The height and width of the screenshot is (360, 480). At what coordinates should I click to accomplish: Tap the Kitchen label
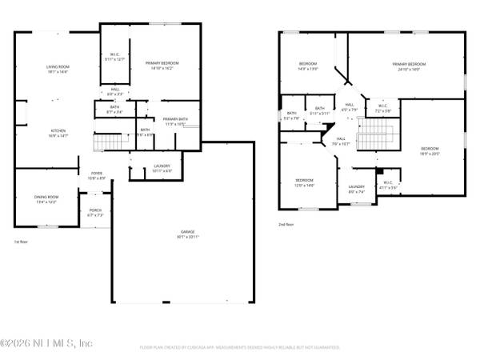coord(58,130)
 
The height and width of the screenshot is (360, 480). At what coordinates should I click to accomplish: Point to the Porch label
coord(95,212)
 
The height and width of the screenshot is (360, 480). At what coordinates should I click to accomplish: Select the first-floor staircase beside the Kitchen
coord(110,143)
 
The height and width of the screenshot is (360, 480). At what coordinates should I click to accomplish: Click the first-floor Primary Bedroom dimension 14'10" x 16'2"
coord(162,68)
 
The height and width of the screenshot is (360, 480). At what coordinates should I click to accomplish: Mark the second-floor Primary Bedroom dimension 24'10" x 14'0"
coord(409,68)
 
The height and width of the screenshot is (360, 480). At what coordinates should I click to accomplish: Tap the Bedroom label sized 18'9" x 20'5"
coord(430,149)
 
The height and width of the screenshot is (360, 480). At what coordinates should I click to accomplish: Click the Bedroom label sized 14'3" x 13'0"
coord(308,68)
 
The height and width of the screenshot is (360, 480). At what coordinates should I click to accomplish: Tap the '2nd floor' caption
coord(286,225)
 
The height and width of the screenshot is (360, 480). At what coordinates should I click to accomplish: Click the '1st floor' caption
coord(22,241)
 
